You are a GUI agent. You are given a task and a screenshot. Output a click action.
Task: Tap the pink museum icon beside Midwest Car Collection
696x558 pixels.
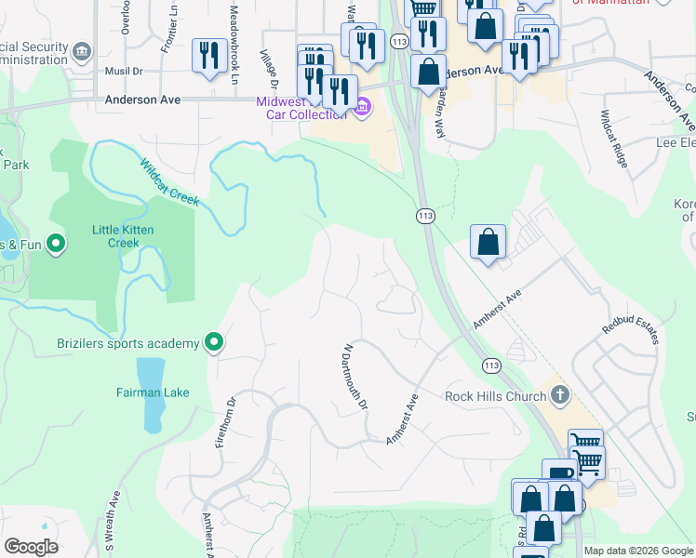pos(362,110)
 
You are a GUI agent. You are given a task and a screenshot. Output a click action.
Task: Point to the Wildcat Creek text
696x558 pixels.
pos(170,184)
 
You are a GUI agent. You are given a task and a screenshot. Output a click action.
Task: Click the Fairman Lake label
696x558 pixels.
pos(153,392)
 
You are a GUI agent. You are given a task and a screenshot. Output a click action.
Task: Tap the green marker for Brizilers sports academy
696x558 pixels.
pos(214,343)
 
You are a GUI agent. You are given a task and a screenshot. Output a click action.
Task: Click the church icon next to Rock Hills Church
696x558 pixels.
pos(559,395)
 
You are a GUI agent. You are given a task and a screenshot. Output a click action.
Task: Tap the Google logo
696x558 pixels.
pos(31,547)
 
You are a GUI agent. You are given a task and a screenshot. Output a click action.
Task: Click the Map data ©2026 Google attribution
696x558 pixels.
pos(638,551)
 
